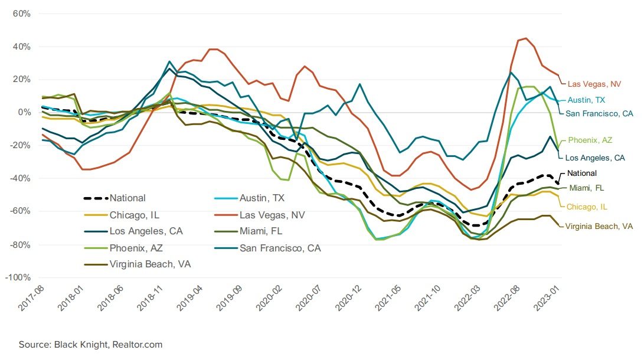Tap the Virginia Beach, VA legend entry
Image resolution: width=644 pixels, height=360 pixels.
(x=149, y=264)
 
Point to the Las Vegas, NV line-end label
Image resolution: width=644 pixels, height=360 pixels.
(x=593, y=84)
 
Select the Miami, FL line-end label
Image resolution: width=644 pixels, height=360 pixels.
(x=587, y=188)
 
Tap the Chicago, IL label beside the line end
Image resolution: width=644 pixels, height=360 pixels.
(x=587, y=207)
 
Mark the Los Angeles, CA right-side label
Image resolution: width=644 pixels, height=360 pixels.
(x=594, y=158)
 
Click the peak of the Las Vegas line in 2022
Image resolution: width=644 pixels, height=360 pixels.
(x=526, y=38)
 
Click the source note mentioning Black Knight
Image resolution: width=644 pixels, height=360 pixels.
(x=90, y=344)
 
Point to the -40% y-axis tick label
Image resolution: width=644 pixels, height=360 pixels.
(x=21, y=178)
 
